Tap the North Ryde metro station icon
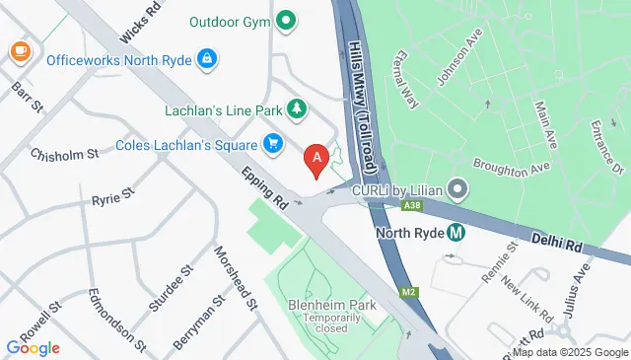[456, 234]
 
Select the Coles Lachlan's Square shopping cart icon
[273, 145]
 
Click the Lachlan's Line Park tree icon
[295, 108]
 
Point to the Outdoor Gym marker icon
[285, 19]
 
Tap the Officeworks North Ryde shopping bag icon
[206, 59]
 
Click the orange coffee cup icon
[19, 50]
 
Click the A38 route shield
[413, 205]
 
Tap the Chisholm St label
[65, 154]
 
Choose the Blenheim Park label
[326, 306]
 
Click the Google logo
[34, 347]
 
